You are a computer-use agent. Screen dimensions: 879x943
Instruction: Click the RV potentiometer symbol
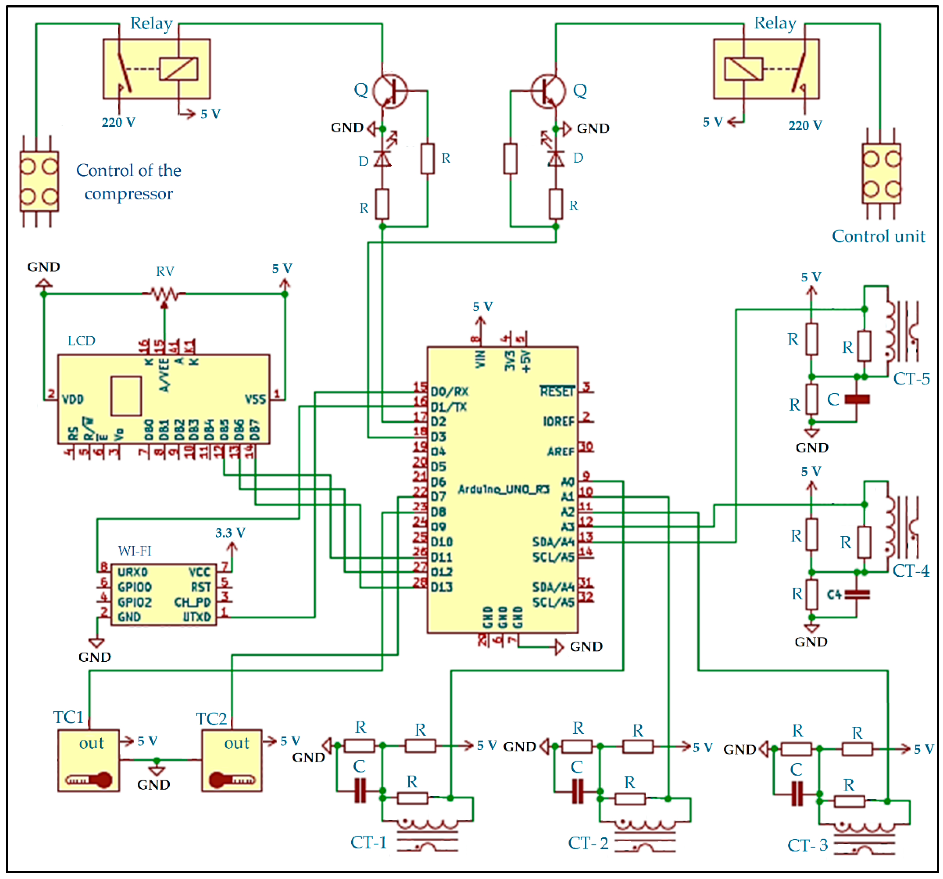164,294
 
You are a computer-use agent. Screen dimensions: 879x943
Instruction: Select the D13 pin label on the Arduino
441,587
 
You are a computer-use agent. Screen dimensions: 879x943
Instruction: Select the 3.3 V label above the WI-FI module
230,533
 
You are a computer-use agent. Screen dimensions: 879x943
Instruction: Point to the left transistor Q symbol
390,91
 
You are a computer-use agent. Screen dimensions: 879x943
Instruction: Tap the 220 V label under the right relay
805,125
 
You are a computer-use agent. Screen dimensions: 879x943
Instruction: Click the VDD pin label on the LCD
73,399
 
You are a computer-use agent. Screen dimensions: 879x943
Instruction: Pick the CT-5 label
911,378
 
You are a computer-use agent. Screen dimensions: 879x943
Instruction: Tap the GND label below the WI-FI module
95,657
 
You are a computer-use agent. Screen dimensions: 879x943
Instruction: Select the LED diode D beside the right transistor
556,158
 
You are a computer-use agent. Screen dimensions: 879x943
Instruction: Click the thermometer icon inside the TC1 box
89,779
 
